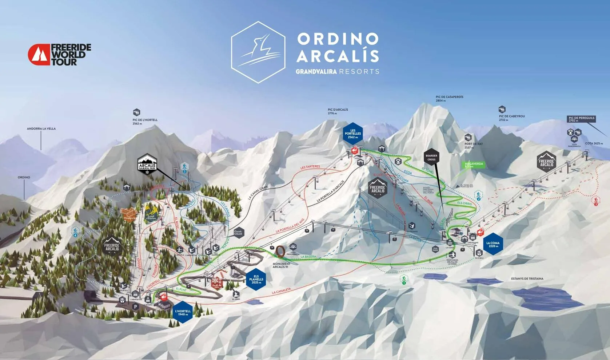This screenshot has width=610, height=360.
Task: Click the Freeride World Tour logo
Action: (59, 55)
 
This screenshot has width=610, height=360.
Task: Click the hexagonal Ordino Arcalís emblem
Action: (258, 52)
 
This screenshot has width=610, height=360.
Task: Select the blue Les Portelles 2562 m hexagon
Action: (353, 134)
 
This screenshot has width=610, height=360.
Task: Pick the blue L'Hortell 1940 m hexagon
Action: (183, 312)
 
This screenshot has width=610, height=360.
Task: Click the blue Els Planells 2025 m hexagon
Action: (256, 280)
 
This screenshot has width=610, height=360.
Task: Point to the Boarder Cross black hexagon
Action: (431, 158)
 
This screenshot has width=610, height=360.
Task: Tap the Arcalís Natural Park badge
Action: (147, 165)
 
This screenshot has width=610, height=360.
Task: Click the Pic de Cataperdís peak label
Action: (449, 98)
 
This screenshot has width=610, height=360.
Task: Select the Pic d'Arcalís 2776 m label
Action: (338, 111)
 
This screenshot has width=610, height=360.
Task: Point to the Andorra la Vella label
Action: (41, 129)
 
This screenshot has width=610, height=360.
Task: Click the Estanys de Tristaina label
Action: (527, 279)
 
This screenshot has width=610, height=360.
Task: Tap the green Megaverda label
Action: (474, 165)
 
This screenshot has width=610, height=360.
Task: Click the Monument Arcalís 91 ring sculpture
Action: (280, 252)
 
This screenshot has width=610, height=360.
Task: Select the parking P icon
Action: (136, 307)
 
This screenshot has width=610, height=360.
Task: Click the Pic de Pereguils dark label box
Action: (581, 119)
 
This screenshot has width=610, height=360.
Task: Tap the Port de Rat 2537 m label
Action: (473, 145)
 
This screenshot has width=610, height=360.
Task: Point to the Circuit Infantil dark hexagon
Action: (238, 232)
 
